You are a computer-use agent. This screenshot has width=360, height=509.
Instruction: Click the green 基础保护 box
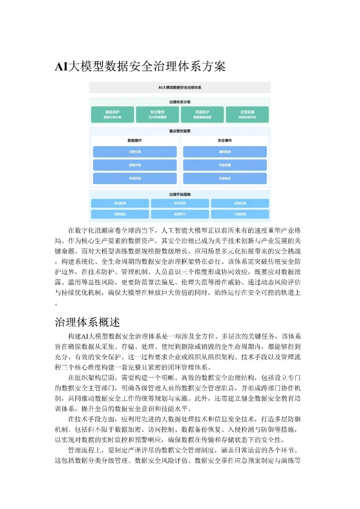pos(112,114)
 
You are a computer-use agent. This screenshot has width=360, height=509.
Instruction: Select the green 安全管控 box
pos(157,114)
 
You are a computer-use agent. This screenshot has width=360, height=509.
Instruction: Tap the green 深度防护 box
pos(202,114)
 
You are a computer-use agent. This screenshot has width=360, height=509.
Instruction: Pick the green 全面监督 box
pos(247,114)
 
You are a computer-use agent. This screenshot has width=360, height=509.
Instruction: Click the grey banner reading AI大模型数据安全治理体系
pos(180,87)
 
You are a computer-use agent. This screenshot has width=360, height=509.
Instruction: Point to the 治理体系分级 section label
pos(180,102)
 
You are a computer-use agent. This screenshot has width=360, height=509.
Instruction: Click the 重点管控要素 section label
pos(180,131)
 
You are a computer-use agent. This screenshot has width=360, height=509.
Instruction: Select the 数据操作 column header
pos(135,141)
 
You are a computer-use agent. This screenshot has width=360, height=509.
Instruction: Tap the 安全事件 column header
pos(225,141)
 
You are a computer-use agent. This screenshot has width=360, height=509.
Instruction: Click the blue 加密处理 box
pos(135,152)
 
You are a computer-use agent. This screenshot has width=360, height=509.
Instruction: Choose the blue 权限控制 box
pos(135,178)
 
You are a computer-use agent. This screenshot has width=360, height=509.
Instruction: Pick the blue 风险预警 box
pos(225,165)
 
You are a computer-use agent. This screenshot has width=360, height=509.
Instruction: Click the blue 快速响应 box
pos(225,178)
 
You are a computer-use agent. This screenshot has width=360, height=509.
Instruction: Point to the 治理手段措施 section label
pos(180,194)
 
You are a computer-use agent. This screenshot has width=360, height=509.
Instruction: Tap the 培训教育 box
pos(120,203)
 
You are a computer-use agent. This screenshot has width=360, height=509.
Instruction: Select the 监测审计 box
pos(180,214)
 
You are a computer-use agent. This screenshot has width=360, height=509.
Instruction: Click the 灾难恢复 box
pos(240,214)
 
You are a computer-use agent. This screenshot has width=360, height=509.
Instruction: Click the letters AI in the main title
pos(61,67)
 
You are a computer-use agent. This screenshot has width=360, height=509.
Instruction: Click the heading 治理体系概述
pos(87,322)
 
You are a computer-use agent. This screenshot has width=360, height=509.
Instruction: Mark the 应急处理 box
pos(240,203)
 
